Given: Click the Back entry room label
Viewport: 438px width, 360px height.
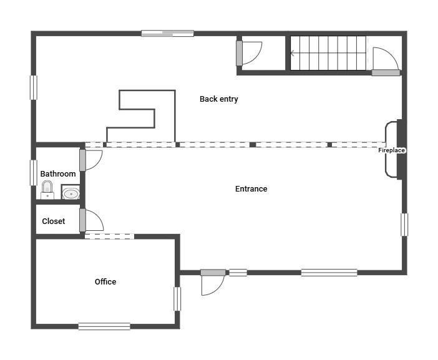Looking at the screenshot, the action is [219, 99].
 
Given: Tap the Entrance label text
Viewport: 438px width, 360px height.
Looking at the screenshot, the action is [251, 189].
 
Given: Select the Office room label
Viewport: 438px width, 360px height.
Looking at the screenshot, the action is [105, 281].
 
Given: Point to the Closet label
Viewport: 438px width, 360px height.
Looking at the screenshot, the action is [54, 221].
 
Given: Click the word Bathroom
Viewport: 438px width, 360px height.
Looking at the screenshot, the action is [58, 173].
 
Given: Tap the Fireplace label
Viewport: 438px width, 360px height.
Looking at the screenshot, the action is [391, 150].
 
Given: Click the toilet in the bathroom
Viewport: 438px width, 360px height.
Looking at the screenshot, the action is [47, 190].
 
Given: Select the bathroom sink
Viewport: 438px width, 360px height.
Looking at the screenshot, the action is [71, 193].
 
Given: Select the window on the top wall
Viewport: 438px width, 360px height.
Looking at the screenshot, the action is [168, 34].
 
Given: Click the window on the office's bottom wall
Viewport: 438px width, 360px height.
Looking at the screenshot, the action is [104, 326].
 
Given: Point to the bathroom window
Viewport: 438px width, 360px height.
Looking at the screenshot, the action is [34, 173].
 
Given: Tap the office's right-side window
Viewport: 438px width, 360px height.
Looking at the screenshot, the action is [177, 299].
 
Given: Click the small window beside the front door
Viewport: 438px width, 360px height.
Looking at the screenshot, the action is [238, 273].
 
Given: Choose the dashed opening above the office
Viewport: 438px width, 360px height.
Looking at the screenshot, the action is [109, 236].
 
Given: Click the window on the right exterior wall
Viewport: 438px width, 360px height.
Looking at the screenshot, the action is [404, 225].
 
